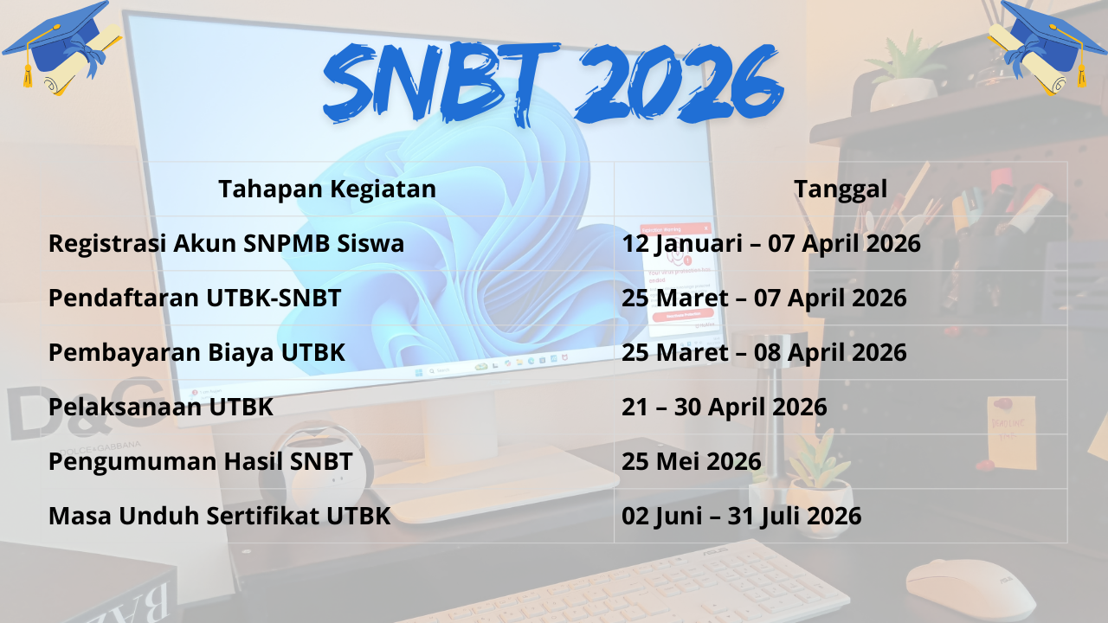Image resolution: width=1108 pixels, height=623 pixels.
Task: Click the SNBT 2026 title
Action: (554, 82)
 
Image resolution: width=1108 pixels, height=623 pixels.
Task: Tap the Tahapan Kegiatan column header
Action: (327, 189)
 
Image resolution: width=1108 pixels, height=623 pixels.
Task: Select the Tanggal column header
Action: (841, 189)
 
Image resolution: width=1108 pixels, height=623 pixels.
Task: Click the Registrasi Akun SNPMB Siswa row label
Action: (226, 243)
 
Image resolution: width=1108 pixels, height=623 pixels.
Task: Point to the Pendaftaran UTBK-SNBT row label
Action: (195, 298)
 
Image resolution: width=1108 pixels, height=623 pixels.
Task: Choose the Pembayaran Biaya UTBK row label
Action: (196, 352)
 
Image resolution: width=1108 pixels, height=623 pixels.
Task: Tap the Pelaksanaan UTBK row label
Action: (161, 407)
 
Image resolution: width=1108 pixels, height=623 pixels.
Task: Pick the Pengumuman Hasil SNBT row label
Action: (200, 461)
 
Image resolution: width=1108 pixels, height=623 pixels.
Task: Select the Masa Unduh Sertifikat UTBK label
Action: (219, 516)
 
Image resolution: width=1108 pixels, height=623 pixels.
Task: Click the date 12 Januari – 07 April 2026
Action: (770, 243)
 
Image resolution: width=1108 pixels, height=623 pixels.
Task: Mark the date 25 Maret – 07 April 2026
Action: (763, 298)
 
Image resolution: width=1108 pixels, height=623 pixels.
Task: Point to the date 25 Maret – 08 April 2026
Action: (763, 352)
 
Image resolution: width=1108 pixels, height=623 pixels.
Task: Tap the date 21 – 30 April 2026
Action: (724, 407)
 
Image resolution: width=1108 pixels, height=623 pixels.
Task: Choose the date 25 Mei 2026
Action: (691, 461)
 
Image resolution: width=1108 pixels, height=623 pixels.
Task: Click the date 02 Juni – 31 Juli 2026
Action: (741, 516)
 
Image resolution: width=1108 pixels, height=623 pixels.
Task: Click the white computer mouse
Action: (969, 588)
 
